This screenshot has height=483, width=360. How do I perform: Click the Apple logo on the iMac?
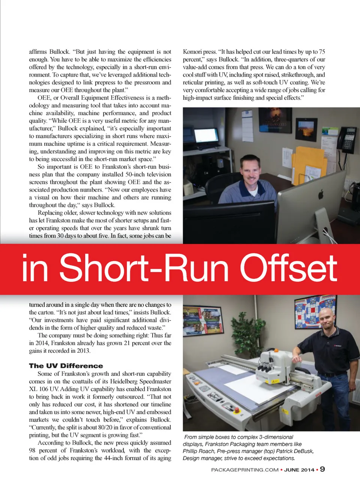[x=321, y=194]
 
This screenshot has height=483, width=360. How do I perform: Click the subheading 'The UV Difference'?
[x=66, y=366]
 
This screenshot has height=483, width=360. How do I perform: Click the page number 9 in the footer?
[x=322, y=469]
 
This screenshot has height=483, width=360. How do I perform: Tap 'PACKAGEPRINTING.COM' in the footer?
[x=244, y=470]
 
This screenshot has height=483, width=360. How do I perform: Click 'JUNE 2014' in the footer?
[x=299, y=470]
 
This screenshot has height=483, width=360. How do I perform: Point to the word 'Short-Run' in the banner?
[x=144, y=268]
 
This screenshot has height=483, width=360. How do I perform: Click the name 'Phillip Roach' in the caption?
[x=199, y=451]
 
